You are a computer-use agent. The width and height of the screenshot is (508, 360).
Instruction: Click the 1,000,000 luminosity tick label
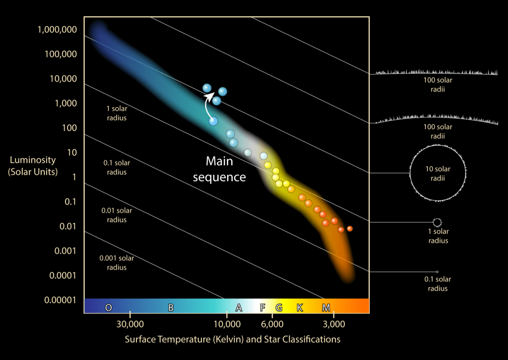[57, 29]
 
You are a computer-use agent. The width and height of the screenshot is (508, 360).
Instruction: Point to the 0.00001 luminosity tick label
[60, 300]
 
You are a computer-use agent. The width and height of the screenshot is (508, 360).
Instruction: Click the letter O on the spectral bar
[109, 308]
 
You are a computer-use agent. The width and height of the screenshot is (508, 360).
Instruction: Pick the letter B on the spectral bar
[171, 308]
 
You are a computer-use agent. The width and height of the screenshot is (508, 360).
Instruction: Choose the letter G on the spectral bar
[279, 308]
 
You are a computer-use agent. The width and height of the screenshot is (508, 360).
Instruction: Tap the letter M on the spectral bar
[326, 308]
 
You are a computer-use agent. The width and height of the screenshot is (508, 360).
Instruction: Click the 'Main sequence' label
[219, 169]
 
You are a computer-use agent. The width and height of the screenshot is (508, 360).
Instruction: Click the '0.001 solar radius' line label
[117, 263]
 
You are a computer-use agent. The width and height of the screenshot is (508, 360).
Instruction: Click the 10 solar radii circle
[437, 173]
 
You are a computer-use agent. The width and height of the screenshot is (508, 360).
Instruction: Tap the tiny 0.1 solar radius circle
[437, 272]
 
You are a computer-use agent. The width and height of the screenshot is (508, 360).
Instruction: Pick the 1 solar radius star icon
[437, 222]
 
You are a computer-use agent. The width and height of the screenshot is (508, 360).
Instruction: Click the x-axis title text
[232, 340]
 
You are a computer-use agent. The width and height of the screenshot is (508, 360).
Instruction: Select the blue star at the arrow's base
[213, 121]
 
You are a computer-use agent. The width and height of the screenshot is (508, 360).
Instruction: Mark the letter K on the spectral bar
[300, 308]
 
